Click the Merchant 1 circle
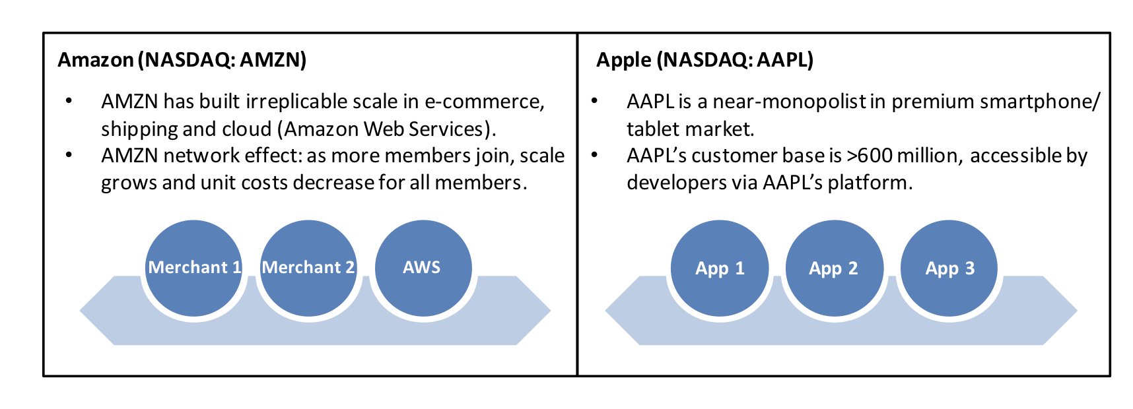[193, 268]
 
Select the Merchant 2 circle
[308, 268]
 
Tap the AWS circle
[423, 268]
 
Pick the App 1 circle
[720, 268]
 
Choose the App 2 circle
[835, 268]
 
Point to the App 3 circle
[949, 268]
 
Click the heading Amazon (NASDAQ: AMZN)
[182, 60]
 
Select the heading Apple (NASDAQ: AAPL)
[704, 60]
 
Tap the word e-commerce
[484, 102]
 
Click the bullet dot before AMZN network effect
[69, 156]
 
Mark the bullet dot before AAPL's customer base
[594, 156]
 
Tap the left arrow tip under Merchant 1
[81, 310]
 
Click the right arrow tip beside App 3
[1077, 310]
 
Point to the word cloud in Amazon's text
[248, 129]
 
